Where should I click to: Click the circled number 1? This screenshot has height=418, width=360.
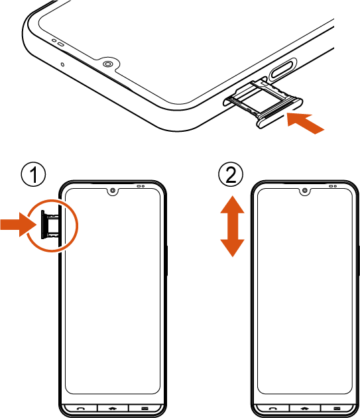point(33,174)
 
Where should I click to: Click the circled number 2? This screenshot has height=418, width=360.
point(231,174)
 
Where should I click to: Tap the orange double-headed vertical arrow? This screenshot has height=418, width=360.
point(232,227)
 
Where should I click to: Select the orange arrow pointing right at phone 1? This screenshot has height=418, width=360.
point(18,225)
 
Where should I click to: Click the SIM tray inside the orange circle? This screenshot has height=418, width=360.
point(50,225)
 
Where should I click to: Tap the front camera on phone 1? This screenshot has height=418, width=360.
point(113,191)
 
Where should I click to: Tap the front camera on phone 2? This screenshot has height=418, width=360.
point(305,191)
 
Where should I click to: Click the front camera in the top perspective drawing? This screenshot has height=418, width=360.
point(107,64)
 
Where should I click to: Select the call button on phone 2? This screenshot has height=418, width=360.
point(272,408)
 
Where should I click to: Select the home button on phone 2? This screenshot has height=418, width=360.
point(305,408)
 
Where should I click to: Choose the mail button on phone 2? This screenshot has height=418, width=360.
point(337,408)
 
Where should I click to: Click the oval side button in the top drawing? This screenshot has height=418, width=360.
point(282,69)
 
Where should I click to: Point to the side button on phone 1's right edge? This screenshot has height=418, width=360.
point(167,261)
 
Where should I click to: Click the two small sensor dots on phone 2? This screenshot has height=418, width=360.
point(333,186)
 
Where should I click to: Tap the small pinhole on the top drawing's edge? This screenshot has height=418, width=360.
point(63,64)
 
